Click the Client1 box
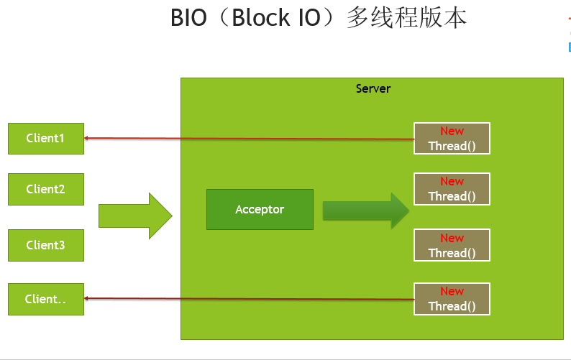45,138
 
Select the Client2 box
45,189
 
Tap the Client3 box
45,245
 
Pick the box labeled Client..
45,299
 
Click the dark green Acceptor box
260,210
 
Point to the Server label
373,88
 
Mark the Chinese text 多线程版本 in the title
406,19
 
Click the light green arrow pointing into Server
135,216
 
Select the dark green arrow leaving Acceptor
365,211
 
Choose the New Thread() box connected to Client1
452,138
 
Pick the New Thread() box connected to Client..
452,298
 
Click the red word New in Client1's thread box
452,131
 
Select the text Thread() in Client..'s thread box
452,306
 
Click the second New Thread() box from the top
452,188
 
